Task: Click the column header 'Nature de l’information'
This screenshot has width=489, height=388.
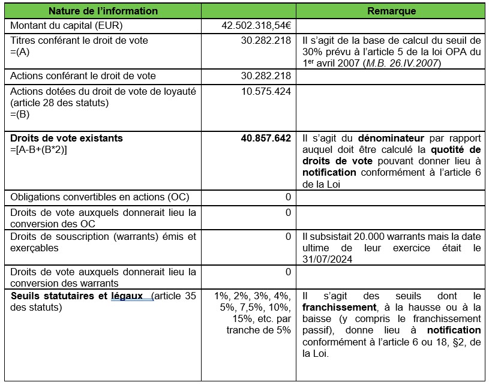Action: point(103,11)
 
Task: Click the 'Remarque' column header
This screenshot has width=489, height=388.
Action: point(391,11)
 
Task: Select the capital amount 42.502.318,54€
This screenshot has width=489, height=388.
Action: point(257,26)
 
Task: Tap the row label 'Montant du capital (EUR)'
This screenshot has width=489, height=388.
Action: point(62,26)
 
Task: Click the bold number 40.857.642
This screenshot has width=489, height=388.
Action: point(266,138)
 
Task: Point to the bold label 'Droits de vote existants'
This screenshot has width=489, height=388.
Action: point(67,138)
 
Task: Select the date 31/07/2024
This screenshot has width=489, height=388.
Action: point(328,258)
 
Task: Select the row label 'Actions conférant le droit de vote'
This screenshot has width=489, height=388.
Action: point(83,76)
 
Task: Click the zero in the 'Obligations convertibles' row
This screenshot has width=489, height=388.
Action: point(288,197)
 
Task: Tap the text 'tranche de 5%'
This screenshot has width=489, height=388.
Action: point(259,330)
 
